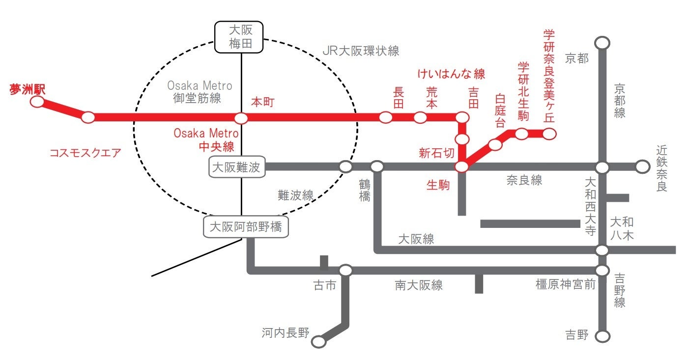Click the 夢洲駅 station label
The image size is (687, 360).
pyautogui.click(x=28, y=89)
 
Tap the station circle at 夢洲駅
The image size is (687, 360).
pyautogui.click(x=37, y=102)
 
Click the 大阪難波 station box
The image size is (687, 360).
pyautogui.click(x=237, y=167)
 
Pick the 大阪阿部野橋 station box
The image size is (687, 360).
pyautogui.click(x=246, y=227)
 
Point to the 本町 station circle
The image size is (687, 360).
pyautogui.click(x=241, y=118)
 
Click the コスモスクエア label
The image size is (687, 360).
pyautogui.click(x=85, y=153)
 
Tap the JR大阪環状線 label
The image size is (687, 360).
pyautogui.click(x=361, y=51)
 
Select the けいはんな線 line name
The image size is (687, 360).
pyautogui.click(x=451, y=74)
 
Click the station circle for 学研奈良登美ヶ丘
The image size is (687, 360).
pyautogui.click(x=549, y=134)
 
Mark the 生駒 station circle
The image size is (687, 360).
pyautogui.click(x=462, y=167)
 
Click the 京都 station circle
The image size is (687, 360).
pyautogui.click(x=602, y=43)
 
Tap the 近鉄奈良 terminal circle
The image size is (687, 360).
pyautogui.click(x=642, y=167)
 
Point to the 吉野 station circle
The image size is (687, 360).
pyautogui.click(x=602, y=336)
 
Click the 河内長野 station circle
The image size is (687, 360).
pyautogui.click(x=319, y=341)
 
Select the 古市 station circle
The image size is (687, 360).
pyautogui.click(x=345, y=270)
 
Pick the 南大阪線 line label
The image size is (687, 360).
pyautogui.click(x=418, y=285)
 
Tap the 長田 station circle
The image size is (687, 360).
pyautogui.click(x=386, y=117)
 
